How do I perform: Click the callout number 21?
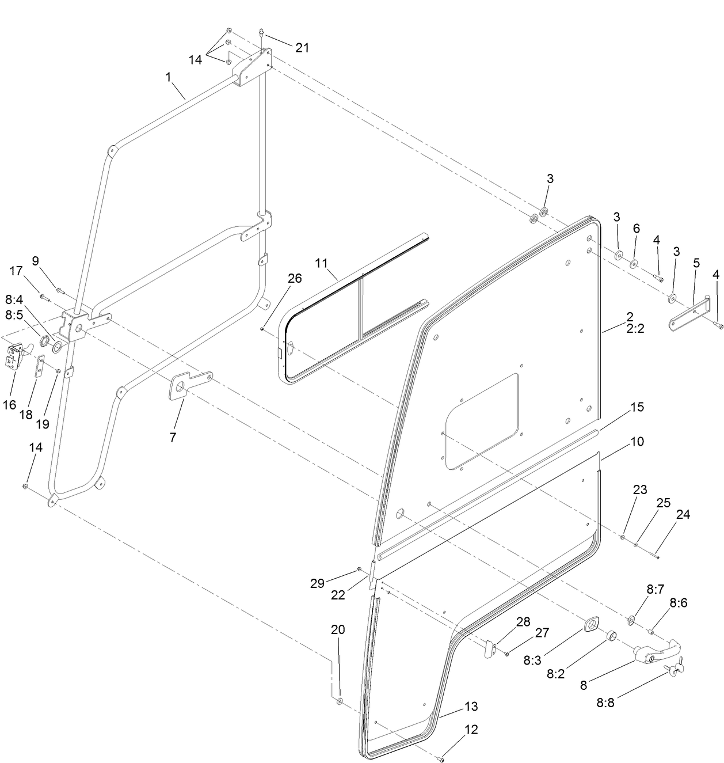(302, 48)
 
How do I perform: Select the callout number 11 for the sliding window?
(321, 263)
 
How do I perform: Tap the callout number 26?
(294, 279)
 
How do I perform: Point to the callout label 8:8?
(605, 703)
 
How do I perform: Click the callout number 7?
(173, 437)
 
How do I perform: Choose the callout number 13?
(471, 707)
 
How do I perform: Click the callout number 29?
(317, 583)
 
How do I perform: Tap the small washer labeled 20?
(340, 701)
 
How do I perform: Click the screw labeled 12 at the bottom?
(440, 759)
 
